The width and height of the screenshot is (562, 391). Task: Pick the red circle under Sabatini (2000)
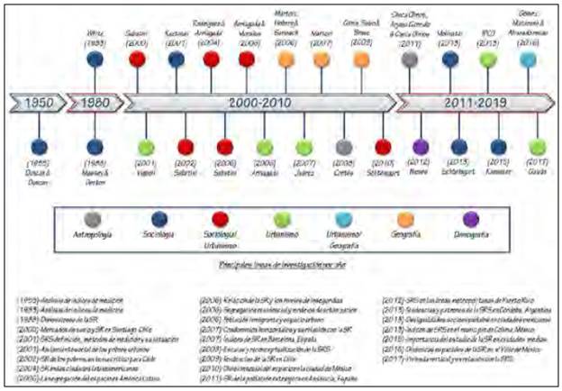click(138, 59)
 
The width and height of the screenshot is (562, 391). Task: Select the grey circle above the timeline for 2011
click(410, 59)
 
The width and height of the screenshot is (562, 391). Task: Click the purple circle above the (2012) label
click(421, 146)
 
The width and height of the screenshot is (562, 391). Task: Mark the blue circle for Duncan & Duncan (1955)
click(37, 146)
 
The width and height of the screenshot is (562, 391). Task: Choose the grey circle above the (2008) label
click(343, 146)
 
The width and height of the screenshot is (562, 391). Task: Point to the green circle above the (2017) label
click(537, 146)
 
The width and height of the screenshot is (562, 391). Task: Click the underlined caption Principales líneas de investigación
click(280, 268)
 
